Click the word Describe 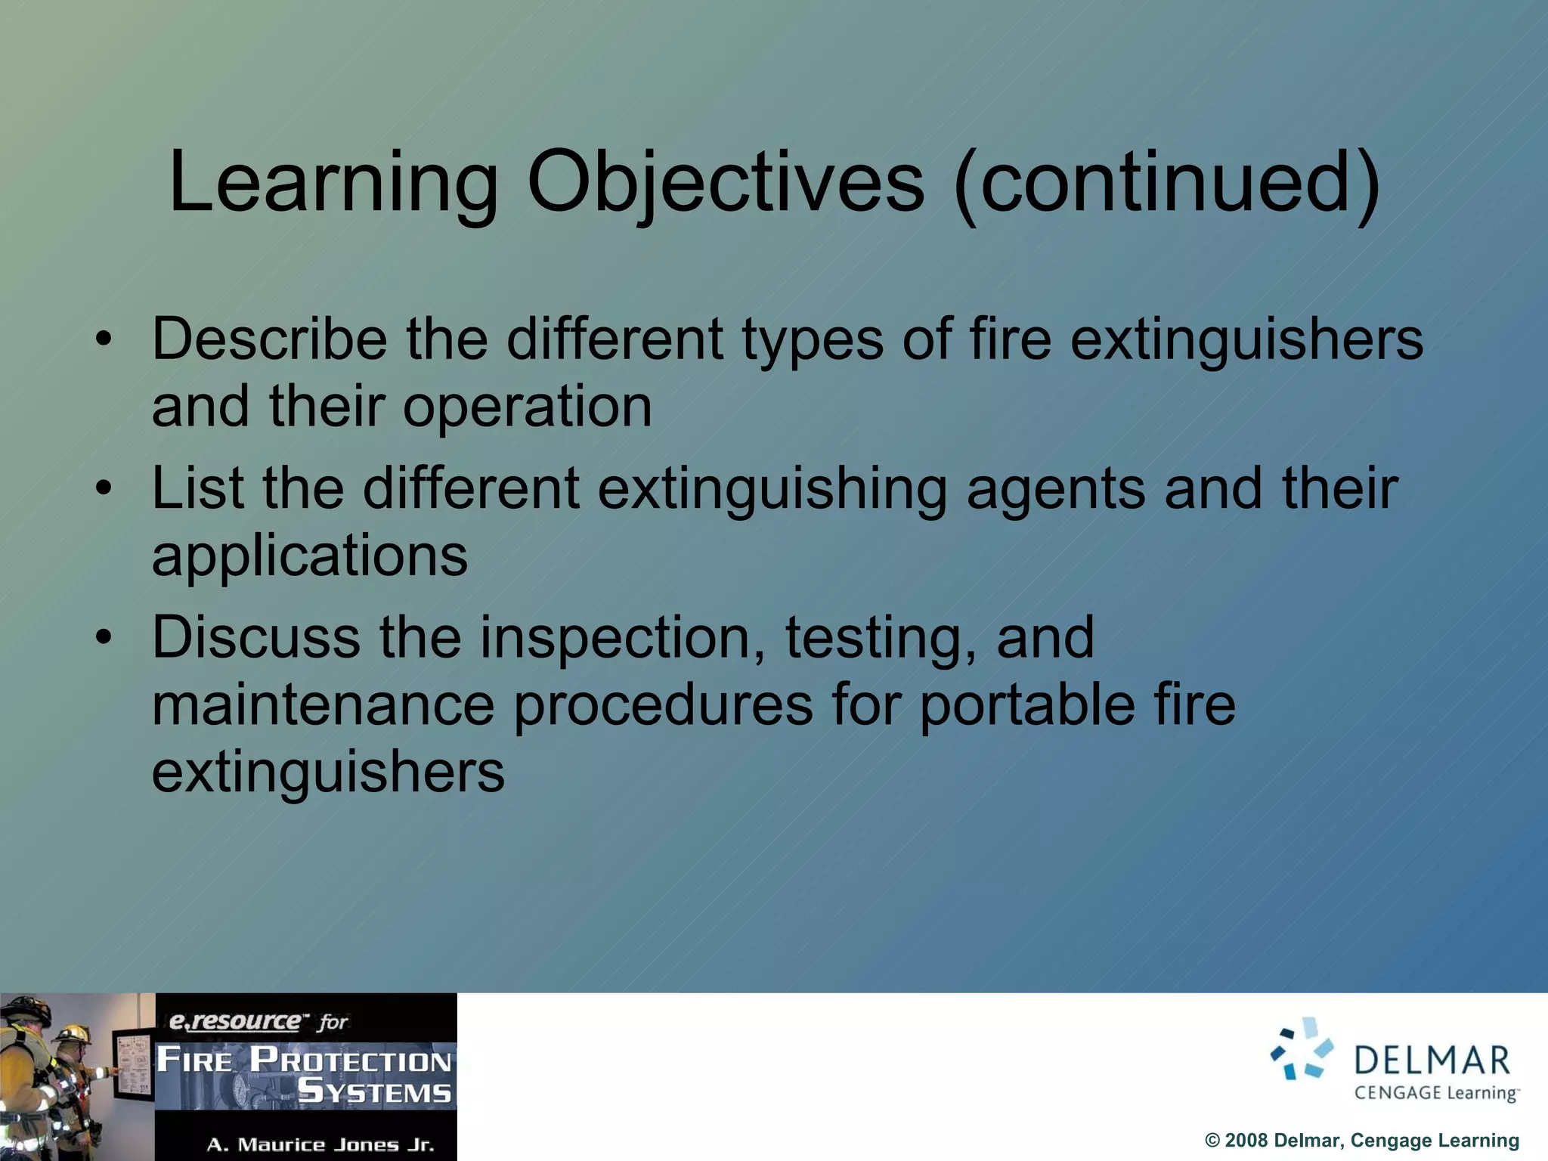click(269, 339)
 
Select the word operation click(527, 407)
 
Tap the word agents click(1056, 489)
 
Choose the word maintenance click(323, 705)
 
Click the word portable click(1027, 705)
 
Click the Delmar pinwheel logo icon click(1302, 1049)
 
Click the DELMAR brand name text click(1432, 1060)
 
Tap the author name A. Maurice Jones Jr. click(320, 1144)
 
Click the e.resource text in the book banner click(235, 1021)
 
